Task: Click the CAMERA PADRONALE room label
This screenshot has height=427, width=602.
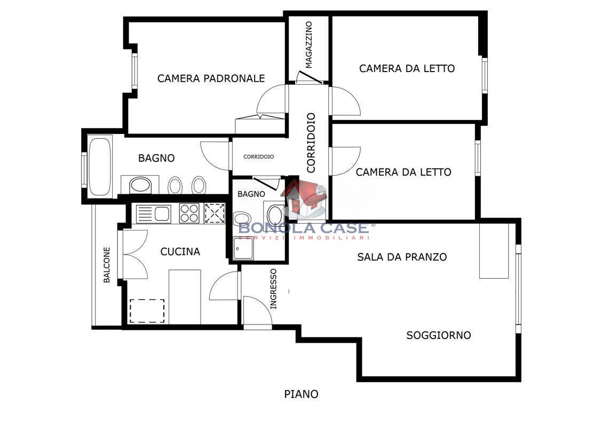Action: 211,78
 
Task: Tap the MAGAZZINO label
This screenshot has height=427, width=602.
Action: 309,45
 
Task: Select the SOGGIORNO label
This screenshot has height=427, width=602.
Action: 439,335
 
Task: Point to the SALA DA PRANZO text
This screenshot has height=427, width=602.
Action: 402,257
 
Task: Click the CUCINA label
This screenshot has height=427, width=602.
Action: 180,251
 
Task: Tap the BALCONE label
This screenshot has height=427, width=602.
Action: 107,265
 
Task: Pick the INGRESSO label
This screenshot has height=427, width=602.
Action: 273,288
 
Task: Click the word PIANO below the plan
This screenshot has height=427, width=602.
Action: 302,394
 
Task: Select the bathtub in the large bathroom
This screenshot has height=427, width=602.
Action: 100,167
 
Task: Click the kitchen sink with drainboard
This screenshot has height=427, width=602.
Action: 154,213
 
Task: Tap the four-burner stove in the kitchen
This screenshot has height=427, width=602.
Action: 189,213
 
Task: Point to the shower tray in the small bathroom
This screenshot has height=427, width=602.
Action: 243,248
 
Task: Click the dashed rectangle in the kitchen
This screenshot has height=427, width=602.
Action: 147,311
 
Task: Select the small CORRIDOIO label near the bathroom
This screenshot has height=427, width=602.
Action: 258,157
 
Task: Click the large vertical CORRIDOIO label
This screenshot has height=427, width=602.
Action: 311,143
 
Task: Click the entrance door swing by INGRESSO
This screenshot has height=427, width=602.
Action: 258,311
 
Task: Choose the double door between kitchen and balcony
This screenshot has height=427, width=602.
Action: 135,254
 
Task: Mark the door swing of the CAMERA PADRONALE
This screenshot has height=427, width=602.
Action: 271,99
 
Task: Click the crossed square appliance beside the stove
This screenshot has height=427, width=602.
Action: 215,213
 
